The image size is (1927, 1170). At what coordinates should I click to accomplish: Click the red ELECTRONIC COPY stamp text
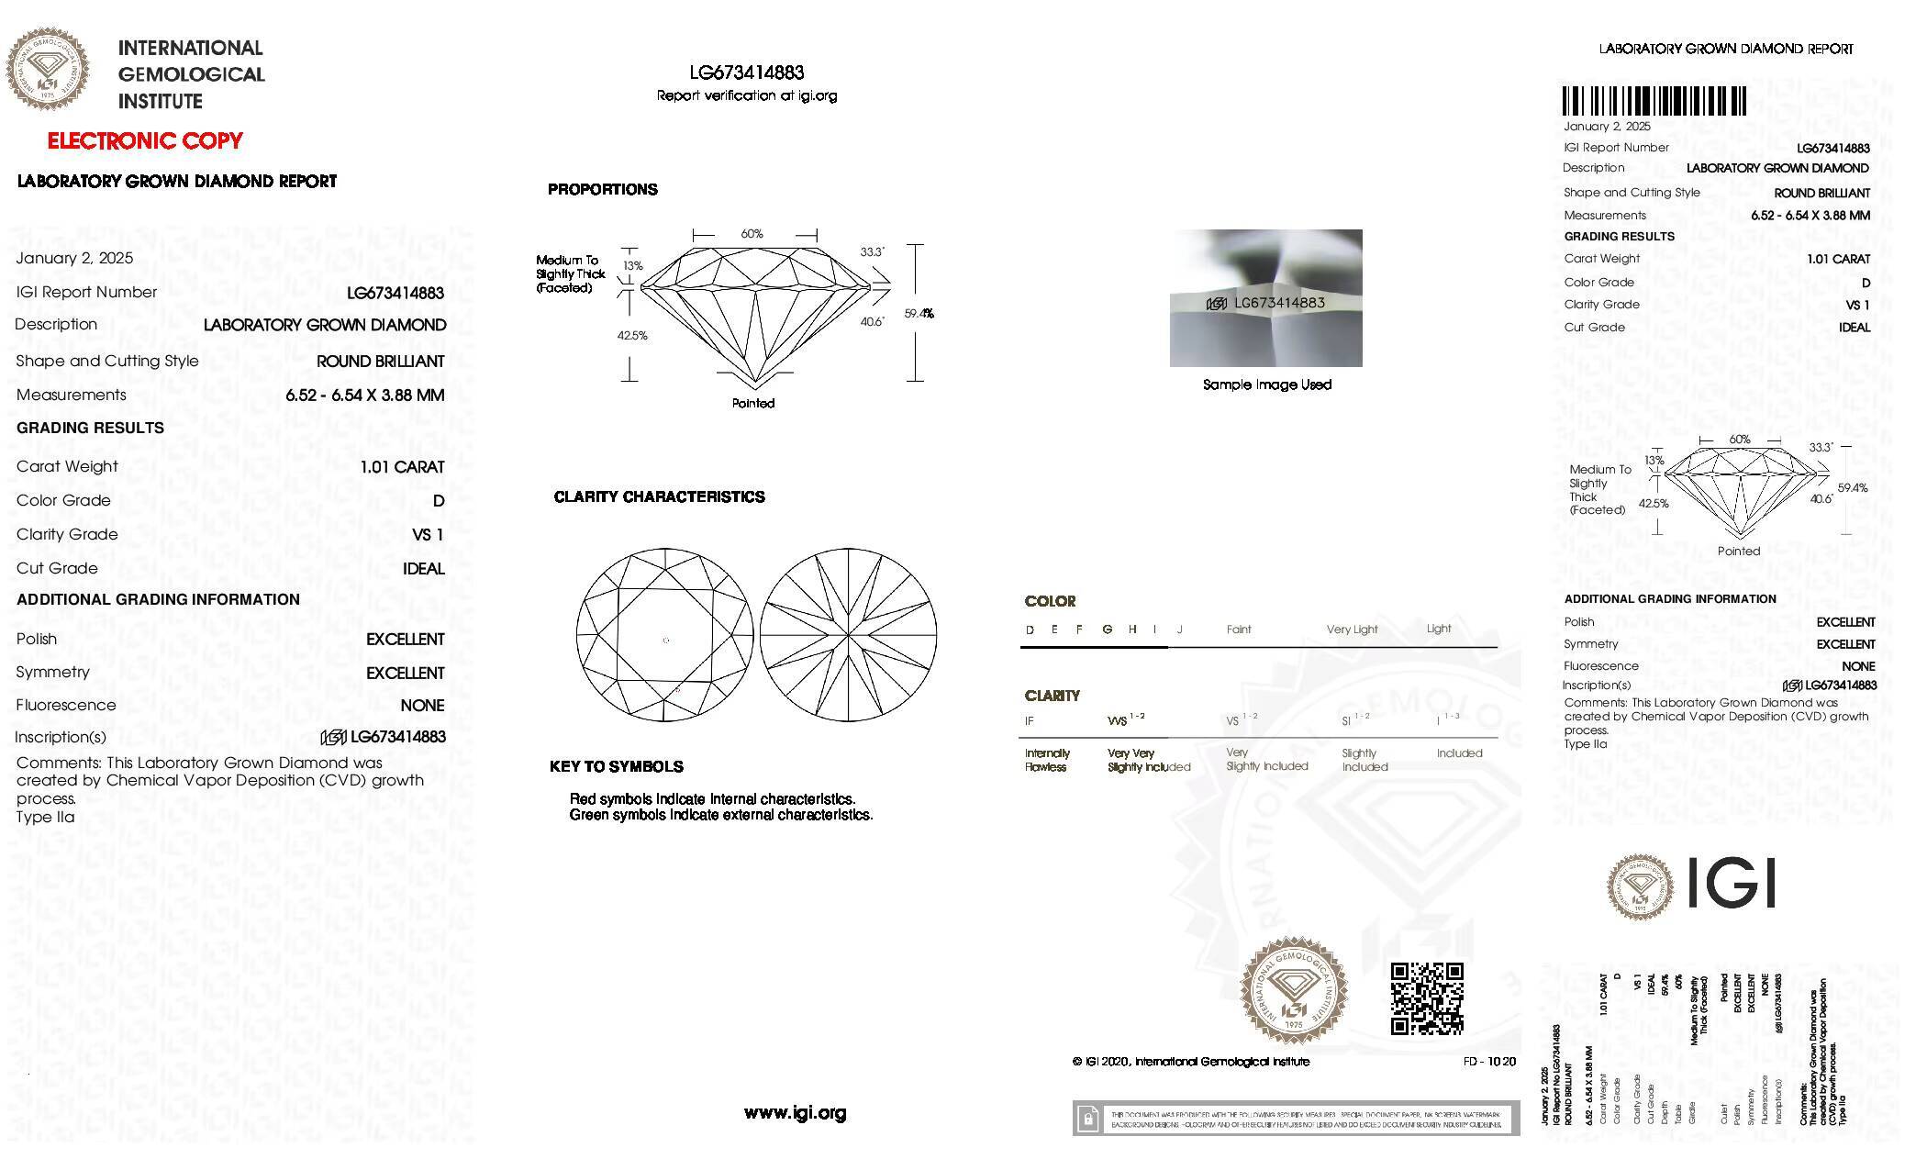coord(145,140)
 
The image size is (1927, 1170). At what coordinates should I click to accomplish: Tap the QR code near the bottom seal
coord(1426,998)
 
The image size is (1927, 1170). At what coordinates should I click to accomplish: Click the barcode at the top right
coord(1654,101)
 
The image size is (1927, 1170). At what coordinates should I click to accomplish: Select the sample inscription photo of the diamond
coord(1265,297)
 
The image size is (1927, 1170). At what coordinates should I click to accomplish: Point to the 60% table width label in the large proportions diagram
coord(752,234)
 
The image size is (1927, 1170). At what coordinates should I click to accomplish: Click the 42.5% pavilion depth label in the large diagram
coord(632,336)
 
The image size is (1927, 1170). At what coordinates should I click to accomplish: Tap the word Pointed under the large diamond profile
coord(753,403)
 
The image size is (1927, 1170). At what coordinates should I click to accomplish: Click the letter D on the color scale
coord(1030,630)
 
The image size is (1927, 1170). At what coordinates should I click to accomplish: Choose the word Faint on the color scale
coord(1239,630)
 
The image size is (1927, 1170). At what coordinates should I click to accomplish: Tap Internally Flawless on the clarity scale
coord(1047,760)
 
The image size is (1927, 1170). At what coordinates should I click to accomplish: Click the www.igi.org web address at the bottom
coord(795,1113)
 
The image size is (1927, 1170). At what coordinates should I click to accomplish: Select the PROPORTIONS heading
coord(602,190)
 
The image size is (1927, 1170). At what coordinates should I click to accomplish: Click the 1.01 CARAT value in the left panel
coord(402,467)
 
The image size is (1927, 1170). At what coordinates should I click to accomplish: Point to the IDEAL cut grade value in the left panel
coord(423,569)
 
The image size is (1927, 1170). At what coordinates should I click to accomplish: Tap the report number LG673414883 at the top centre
coord(747,72)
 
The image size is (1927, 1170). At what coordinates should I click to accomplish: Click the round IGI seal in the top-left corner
coord(48,70)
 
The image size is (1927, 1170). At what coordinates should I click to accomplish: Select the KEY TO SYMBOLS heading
coord(616,766)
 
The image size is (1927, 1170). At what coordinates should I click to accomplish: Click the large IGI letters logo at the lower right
coord(1733,884)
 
